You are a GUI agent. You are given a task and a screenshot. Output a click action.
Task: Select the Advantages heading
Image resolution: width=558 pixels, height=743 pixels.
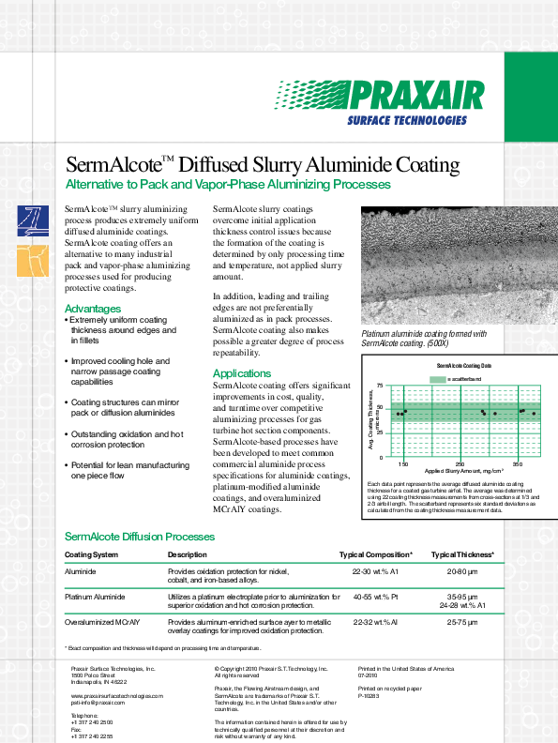tap(92, 309)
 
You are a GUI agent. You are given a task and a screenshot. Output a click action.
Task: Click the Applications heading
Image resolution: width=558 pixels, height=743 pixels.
tap(241, 374)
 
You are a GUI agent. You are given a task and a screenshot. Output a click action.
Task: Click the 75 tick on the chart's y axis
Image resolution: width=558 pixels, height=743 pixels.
tap(379, 386)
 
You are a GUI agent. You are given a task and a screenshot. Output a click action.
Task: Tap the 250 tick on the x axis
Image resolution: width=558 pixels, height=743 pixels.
tap(460, 463)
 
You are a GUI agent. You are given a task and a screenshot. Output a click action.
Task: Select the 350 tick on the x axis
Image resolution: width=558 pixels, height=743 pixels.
tap(517, 463)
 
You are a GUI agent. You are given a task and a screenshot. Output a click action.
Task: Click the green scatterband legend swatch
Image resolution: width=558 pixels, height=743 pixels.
tap(438, 378)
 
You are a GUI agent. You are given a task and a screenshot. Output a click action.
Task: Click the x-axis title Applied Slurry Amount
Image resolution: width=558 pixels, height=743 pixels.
tap(463, 471)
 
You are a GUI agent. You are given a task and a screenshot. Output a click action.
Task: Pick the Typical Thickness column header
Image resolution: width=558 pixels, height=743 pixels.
tap(462, 555)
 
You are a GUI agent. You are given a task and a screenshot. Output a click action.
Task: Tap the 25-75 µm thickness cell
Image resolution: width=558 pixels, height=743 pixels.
tap(462, 621)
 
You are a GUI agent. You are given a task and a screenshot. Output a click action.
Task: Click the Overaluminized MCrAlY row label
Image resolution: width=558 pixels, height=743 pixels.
tap(99, 621)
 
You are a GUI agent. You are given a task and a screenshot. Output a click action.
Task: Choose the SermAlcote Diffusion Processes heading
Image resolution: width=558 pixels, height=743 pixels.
tap(139, 537)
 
